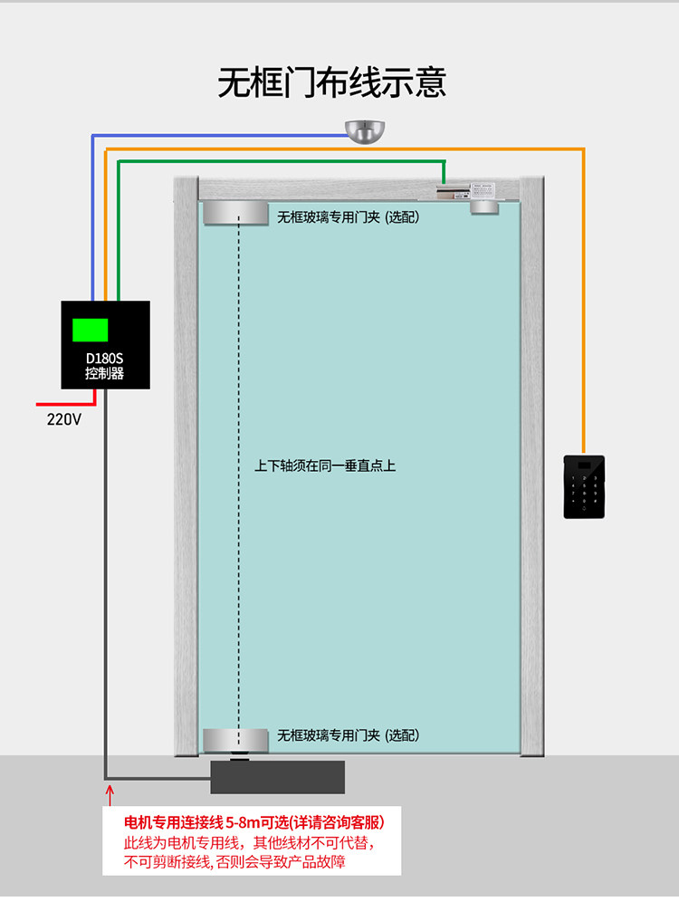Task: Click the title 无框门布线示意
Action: tap(331, 82)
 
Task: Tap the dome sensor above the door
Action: tap(366, 131)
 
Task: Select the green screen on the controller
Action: tap(91, 329)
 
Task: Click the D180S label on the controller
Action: tap(104, 358)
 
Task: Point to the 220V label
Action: tap(63, 419)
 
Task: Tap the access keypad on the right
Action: tap(586, 485)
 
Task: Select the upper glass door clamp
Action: tap(234, 215)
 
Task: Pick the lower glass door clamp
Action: tap(234, 739)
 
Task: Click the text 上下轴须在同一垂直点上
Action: tap(325, 466)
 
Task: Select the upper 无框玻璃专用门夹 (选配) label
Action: tap(348, 217)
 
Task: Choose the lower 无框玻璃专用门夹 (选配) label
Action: tap(348, 735)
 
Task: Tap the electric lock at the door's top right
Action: tap(472, 192)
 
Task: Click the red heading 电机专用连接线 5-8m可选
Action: tap(253, 823)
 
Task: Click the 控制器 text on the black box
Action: tap(104, 373)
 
